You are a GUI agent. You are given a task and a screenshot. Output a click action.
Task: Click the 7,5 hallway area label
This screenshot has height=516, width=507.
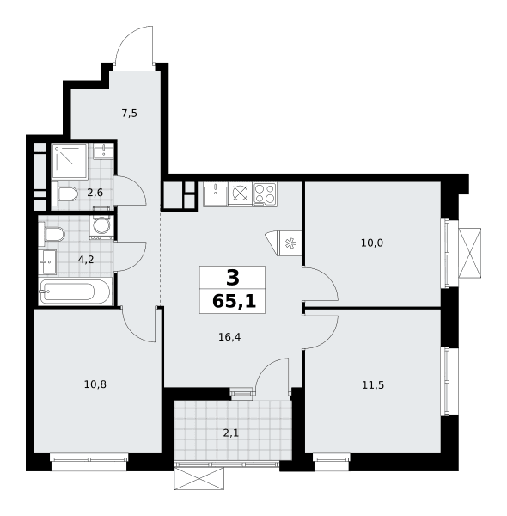[129, 114]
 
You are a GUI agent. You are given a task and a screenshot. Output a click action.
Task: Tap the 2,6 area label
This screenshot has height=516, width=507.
[95, 193]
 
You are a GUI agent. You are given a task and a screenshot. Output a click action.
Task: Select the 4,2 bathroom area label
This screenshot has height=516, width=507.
[86, 260]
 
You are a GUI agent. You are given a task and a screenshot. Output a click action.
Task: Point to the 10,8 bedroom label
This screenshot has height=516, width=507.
[95, 384]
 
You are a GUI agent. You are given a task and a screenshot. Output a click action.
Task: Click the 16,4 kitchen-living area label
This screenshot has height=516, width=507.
[229, 337]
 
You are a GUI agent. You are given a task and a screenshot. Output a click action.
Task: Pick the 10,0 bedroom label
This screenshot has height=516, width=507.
[372, 243]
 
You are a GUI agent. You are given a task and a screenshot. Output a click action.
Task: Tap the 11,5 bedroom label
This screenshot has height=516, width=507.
[373, 384]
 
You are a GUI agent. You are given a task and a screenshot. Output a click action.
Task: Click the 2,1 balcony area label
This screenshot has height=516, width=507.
[231, 433]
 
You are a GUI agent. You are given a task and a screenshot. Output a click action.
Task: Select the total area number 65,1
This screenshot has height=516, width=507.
[234, 301]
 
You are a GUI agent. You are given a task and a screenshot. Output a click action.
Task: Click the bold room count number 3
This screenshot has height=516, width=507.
[233, 278]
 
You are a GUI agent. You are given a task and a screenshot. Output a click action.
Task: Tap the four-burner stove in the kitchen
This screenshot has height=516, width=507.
[265, 194]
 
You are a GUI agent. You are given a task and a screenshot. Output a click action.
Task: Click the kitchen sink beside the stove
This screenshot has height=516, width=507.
[216, 195]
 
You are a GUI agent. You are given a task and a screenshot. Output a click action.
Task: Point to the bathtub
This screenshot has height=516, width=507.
[75, 292]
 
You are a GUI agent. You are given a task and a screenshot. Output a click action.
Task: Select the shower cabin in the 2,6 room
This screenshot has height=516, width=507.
[70, 162]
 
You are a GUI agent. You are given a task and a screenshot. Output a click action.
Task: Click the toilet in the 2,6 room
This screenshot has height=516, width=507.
[64, 194]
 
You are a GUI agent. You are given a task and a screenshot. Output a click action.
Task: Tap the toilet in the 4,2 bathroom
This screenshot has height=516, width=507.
[52, 234]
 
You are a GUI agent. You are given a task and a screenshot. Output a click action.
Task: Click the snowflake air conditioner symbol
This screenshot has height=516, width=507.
[290, 243]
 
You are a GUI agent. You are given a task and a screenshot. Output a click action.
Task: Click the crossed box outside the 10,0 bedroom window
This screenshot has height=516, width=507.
[469, 253]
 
